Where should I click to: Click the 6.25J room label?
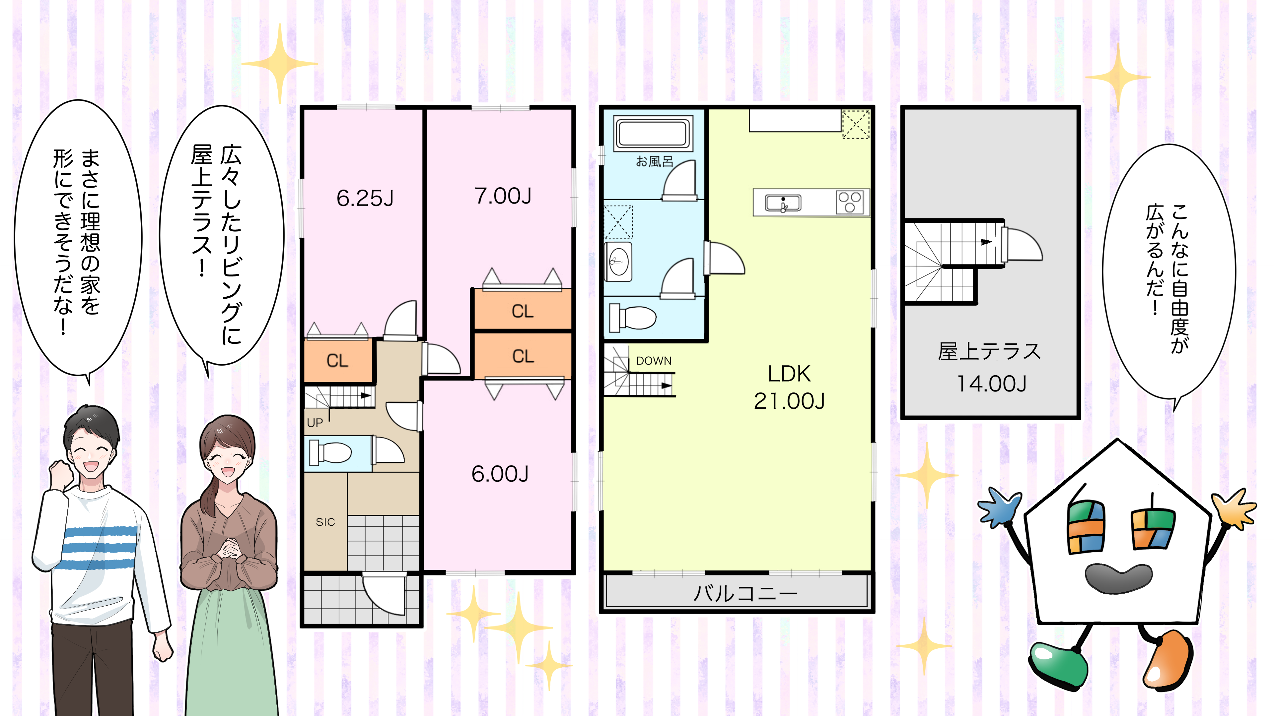point(365,198)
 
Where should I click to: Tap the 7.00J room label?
point(503,196)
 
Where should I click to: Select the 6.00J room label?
point(500,474)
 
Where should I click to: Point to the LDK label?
point(789,374)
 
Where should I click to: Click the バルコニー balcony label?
point(745,593)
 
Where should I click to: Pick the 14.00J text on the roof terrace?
point(992,384)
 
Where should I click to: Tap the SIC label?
point(325,522)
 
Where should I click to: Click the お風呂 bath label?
point(654,161)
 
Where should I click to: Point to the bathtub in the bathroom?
point(653,133)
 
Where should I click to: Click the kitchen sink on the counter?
point(783,203)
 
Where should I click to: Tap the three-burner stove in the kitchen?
point(850,202)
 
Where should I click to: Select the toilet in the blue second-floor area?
point(633,317)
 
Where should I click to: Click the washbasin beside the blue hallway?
point(618,262)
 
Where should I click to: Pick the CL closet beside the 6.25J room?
point(337,360)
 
